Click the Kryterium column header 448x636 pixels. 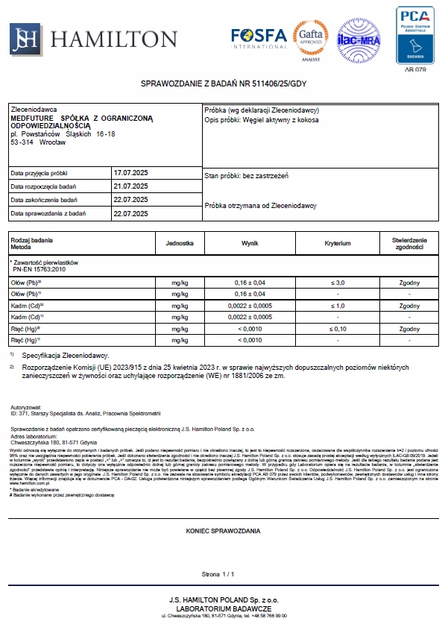point(337,244)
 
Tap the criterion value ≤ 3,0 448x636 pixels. point(337,283)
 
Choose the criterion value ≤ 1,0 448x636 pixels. point(337,306)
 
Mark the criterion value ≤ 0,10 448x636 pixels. point(337,329)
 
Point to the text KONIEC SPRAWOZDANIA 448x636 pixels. point(223,531)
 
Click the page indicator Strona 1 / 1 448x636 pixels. point(218,575)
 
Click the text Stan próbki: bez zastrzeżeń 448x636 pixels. point(246,176)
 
